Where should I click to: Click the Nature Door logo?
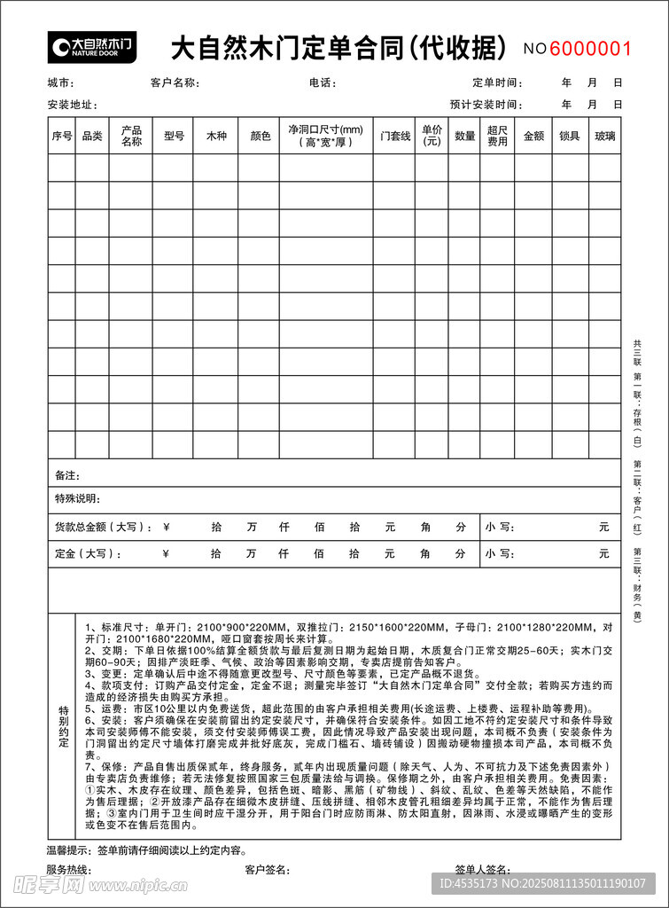click(92, 45)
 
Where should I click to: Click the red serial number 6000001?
click(591, 48)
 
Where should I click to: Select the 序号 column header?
click(61, 137)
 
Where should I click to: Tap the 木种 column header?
click(216, 137)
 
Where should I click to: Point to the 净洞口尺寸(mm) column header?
click(325, 136)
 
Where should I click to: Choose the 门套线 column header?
click(395, 137)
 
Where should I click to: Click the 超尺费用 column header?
click(498, 136)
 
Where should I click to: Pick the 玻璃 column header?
click(605, 137)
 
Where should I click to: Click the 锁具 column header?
click(570, 137)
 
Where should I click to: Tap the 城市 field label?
click(60, 83)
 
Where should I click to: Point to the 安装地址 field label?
click(71, 105)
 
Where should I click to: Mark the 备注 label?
click(67, 476)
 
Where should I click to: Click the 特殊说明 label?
click(78, 498)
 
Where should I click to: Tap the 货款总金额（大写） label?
click(104, 527)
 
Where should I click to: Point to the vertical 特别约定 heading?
click(63, 726)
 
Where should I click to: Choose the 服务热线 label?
click(69, 870)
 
